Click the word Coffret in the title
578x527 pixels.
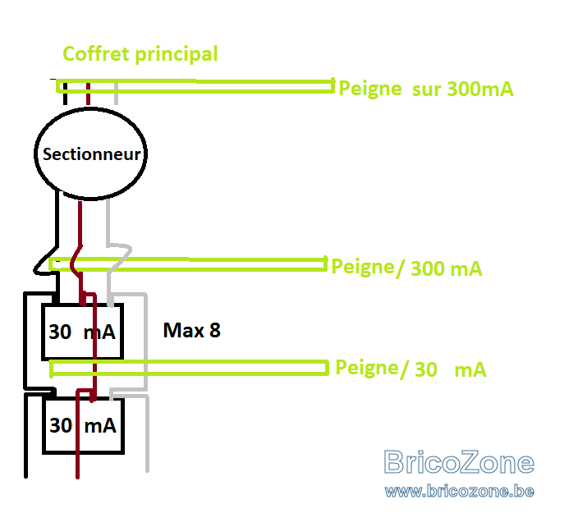(97, 54)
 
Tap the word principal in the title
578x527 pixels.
(177, 55)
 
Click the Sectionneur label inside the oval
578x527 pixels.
(91, 154)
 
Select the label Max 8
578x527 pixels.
(191, 330)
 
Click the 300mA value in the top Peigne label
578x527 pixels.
(480, 89)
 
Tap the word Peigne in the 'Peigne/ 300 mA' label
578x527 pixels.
(363, 267)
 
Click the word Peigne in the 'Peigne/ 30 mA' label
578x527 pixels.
(367, 368)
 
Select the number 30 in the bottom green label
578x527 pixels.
(426, 369)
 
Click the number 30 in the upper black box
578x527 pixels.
(60, 332)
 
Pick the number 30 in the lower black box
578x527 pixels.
(61, 425)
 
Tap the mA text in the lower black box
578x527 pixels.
(100, 426)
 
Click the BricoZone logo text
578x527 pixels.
(459, 462)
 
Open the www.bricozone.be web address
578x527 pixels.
(459, 491)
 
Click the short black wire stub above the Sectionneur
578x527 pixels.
(65, 94)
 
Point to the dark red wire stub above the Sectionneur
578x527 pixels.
(88, 94)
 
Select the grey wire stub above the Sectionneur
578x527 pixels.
(116, 94)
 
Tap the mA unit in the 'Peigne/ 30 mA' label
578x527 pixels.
(470, 370)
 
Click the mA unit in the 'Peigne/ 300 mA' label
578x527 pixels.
(466, 268)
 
